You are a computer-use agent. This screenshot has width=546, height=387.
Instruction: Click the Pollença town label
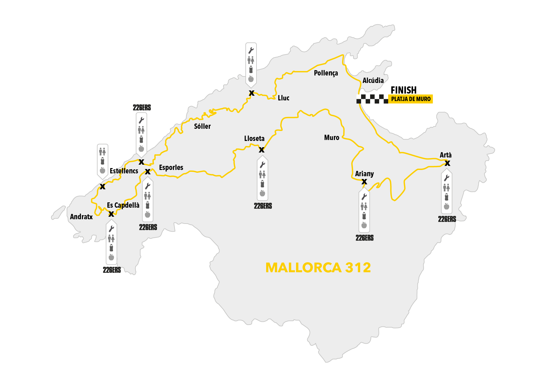[326, 73]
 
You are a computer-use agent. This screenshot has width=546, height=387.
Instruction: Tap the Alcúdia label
[373, 80]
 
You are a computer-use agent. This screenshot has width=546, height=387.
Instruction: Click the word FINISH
[403, 90]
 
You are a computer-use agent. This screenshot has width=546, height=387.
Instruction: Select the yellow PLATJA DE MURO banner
[411, 99]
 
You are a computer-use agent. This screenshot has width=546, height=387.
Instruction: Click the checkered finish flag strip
[372, 99]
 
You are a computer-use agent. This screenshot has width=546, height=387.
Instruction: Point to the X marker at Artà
[447, 163]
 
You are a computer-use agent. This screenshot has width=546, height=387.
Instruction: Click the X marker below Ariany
[364, 182]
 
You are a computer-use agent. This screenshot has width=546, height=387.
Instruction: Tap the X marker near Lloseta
[261, 150]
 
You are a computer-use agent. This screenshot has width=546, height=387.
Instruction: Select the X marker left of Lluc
[252, 93]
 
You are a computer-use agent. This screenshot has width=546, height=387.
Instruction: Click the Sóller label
[202, 126]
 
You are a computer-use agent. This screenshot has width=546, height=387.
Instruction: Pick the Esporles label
[171, 167]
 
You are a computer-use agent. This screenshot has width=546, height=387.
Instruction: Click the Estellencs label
[124, 171]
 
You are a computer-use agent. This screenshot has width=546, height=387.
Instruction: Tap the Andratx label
[81, 217]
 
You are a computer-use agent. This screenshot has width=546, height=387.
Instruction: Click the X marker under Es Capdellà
[111, 214]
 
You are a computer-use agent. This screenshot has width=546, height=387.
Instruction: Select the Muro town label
[332, 138]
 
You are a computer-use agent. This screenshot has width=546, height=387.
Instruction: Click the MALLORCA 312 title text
[318, 268]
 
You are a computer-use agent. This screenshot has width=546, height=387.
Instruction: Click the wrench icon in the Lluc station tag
[251, 50]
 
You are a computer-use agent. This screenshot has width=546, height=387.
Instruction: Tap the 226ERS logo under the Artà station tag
[447, 219]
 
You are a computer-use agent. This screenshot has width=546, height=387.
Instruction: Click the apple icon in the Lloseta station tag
[262, 193]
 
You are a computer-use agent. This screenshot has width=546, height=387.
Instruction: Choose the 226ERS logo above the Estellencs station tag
[142, 108]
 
